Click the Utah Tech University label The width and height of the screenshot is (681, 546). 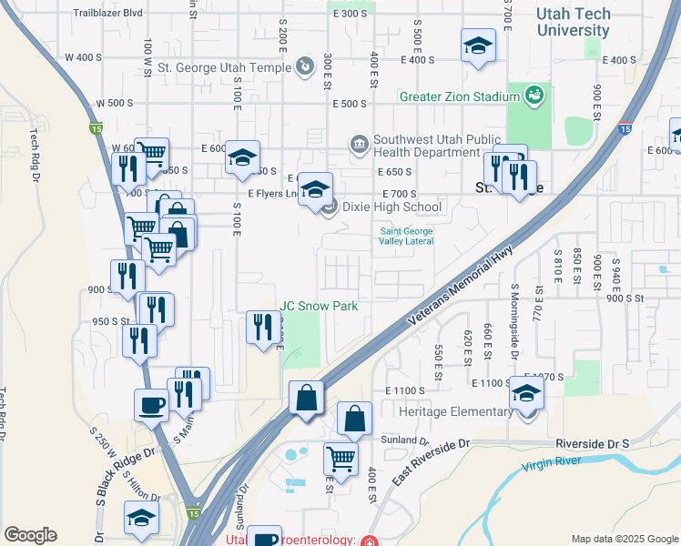(573, 22)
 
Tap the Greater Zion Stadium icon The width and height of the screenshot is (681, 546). (534, 94)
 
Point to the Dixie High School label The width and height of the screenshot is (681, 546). (391, 207)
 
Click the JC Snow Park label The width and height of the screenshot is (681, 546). (319, 306)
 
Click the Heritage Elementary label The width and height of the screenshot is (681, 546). (456, 411)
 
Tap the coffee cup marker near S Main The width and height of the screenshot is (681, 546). (151, 404)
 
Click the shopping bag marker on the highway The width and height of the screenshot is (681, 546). (306, 397)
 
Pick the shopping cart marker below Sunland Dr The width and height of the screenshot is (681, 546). (340, 459)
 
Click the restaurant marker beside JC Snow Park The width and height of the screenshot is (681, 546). (263, 326)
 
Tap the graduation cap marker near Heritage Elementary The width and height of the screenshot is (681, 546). (526, 393)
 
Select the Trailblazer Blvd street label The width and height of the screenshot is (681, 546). (108, 14)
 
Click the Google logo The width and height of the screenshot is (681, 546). (30, 535)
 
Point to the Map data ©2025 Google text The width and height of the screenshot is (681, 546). (624, 539)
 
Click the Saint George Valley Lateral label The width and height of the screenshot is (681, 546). (407, 237)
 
